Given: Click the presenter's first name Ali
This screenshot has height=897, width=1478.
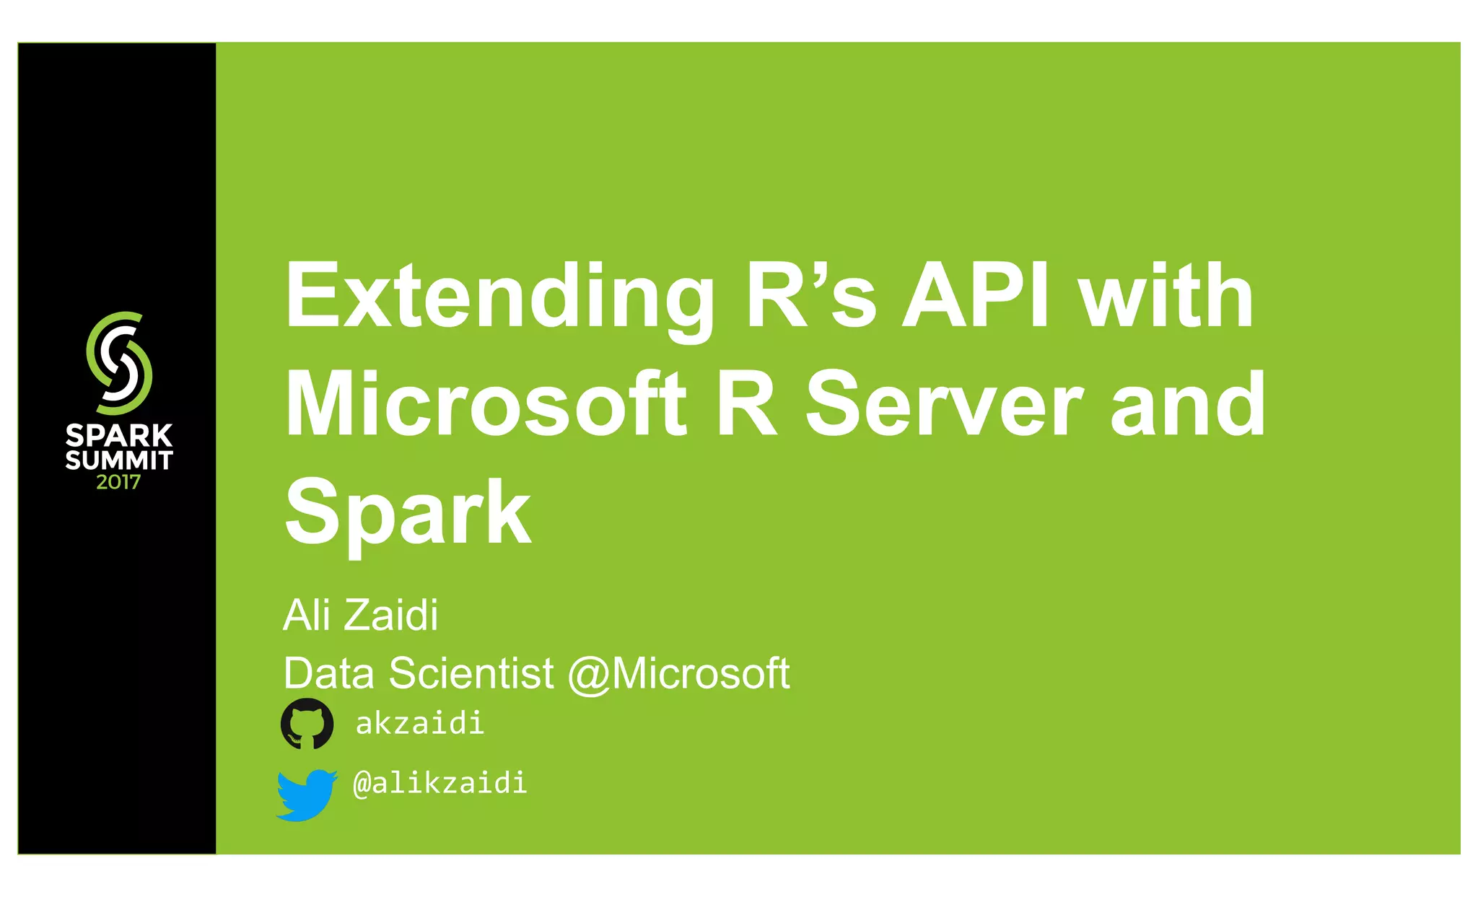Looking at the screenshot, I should tap(307, 615).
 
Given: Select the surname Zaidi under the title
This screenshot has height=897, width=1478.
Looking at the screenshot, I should tap(390, 615).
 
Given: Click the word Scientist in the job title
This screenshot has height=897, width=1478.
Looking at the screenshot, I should tap(471, 673).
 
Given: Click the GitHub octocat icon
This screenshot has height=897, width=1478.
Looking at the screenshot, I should tap(307, 724).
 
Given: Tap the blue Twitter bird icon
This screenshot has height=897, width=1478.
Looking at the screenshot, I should tap(307, 795).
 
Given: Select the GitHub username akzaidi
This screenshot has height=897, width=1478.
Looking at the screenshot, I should tap(419, 723).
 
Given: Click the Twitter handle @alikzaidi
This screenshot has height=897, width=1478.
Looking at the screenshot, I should tap(440, 783).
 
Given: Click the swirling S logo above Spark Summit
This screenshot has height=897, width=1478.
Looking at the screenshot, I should tap(119, 363).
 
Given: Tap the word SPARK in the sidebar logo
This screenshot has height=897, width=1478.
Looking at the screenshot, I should tap(119, 436).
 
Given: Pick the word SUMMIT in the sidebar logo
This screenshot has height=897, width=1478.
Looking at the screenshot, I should tap(119, 460).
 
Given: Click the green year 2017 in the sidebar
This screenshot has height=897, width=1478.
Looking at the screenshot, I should tap(118, 482).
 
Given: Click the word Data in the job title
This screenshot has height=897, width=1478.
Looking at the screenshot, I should tap(328, 673).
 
